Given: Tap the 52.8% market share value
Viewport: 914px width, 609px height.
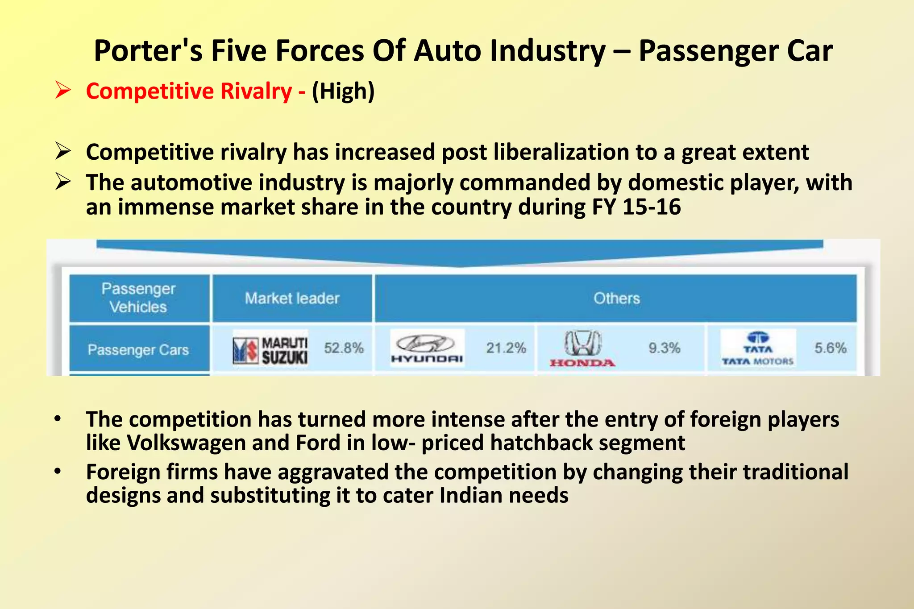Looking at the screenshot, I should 344,348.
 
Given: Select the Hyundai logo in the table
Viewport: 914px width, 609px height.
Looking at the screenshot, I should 427,348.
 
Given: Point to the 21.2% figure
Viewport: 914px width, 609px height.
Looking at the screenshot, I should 506,348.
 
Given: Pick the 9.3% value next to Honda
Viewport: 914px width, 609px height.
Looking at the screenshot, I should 665,348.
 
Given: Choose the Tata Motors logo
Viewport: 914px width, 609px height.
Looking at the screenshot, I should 758,348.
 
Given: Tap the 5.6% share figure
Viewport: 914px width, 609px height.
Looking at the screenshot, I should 831,348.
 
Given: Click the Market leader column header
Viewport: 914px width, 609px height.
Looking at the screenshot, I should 292,298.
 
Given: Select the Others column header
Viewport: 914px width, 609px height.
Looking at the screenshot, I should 616,298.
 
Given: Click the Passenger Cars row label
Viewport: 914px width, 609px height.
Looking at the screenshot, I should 138,350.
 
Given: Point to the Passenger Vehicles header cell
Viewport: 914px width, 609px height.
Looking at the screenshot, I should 138,298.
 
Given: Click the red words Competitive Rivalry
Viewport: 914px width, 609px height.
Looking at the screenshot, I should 189,91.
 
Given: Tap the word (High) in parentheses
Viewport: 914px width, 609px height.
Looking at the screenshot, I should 343,91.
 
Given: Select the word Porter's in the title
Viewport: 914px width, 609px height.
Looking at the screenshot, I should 148,51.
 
